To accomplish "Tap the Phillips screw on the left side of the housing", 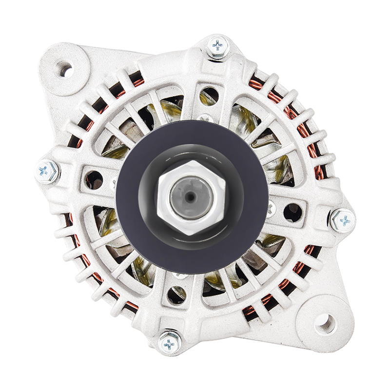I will click(47, 171).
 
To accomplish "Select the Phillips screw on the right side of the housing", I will click(343, 220).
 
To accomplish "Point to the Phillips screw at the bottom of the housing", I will click(169, 343).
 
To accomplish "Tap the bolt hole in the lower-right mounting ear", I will click(325, 322).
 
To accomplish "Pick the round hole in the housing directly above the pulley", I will click(210, 96).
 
